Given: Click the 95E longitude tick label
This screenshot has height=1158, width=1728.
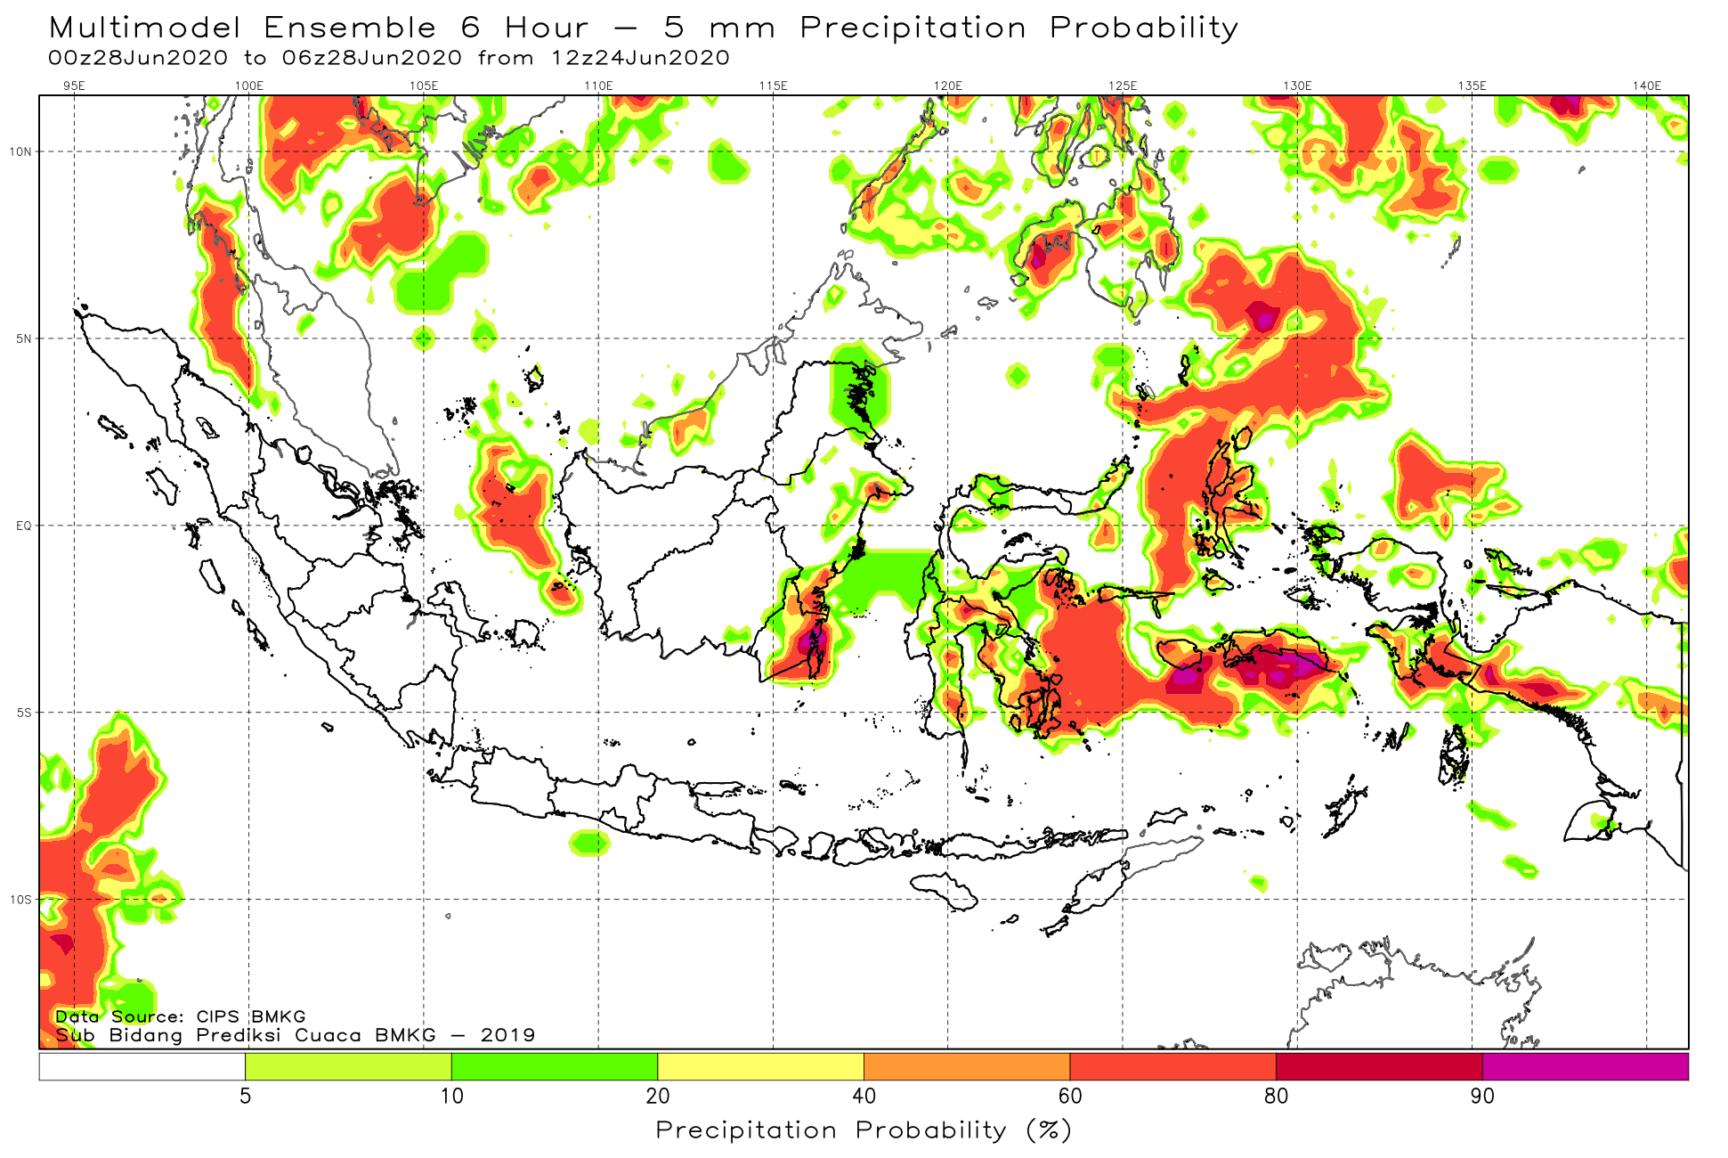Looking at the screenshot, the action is click(x=74, y=86).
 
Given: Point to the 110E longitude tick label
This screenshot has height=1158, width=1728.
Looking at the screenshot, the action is click(x=598, y=86).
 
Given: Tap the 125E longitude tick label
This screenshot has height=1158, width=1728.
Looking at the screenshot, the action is click(x=1123, y=86).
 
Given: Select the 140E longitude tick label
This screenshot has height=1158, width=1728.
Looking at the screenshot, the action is click(x=1647, y=86).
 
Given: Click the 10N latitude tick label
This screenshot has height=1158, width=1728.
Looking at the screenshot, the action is click(x=20, y=151).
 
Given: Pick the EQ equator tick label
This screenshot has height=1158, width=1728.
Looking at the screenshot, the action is click(x=23, y=526).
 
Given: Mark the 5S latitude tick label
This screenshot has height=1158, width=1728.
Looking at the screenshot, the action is click(x=23, y=713).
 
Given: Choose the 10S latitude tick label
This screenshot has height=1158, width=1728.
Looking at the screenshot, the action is click(x=20, y=900).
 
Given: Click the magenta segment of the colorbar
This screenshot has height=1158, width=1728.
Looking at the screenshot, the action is click(x=1585, y=1066).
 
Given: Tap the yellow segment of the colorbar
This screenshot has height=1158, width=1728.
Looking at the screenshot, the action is click(x=760, y=1066).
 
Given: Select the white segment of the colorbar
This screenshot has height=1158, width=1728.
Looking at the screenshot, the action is click(x=142, y=1066).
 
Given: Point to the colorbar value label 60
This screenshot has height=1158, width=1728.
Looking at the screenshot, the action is click(x=1070, y=1097).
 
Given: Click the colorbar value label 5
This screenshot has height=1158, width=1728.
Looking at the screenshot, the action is click(x=245, y=1097).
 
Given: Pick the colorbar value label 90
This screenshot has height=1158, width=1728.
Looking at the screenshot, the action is click(x=1482, y=1097).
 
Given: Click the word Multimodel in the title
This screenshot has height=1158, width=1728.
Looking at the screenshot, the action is click(x=145, y=29).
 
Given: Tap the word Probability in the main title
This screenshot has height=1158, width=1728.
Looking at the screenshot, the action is click(x=1144, y=29).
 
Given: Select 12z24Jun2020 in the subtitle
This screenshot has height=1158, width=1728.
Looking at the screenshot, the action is click(x=640, y=58).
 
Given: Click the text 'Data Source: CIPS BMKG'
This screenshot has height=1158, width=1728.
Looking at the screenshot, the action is click(x=181, y=1016).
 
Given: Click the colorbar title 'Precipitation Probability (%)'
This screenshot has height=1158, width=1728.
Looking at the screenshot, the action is click(x=864, y=1130).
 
